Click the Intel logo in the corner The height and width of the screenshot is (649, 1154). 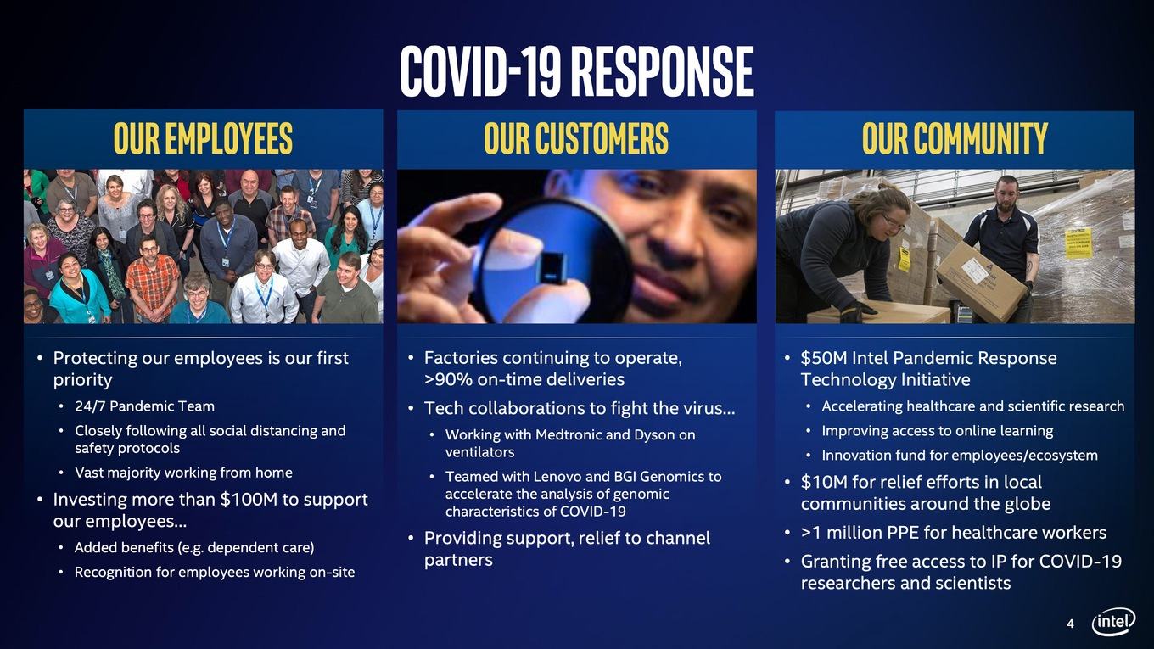click(x=1113, y=622)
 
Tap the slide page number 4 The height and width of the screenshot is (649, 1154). click(x=1071, y=624)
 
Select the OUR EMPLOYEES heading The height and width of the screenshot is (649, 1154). click(x=203, y=138)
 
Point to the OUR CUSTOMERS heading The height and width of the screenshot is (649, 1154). click(x=576, y=138)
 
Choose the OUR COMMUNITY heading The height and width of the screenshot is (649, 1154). click(x=955, y=138)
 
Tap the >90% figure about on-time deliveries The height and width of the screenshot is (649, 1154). click(x=448, y=379)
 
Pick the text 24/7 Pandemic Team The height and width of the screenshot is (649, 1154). click(x=145, y=406)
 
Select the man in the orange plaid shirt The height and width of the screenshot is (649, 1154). click(x=152, y=280)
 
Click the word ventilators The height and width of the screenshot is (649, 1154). click(x=479, y=452)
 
